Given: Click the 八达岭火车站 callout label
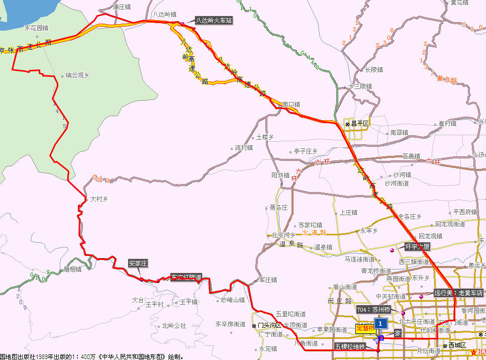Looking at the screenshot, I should (214, 21).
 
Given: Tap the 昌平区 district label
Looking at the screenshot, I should (360, 123).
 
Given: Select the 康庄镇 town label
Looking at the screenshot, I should (122, 7).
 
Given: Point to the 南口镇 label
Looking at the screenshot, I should (291, 105).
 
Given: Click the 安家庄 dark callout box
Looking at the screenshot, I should (138, 263).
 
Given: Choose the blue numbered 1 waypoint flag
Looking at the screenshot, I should (382, 322).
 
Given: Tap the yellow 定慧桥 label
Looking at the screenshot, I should (365, 328).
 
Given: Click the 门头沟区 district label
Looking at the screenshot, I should (268, 325).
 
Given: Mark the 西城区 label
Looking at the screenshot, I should (458, 346).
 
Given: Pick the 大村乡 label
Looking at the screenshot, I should (99, 199).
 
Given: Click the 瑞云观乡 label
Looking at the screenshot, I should (77, 75).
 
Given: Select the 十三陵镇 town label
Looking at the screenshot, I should (361, 86).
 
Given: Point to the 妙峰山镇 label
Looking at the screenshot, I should (233, 300).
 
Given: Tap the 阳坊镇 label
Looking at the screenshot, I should (280, 175).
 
